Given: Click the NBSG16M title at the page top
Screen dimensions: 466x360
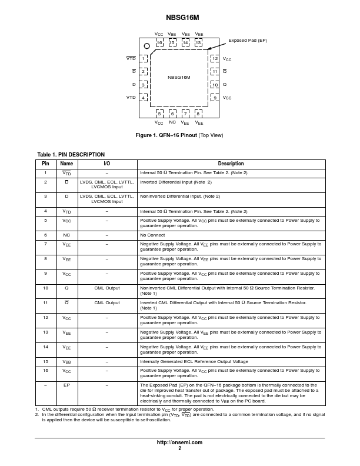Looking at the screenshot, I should pyautogui.click(x=179, y=18).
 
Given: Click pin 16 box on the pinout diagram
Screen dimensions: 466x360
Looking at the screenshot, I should pyautogui.click(x=159, y=43).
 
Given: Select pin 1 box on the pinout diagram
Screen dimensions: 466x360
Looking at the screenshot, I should pyautogui.click(x=144, y=59).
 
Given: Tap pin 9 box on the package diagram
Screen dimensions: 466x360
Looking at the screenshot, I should pyautogui.click(x=215, y=98).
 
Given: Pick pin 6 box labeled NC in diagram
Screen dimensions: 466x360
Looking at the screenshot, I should pyautogui.click(x=172, y=113).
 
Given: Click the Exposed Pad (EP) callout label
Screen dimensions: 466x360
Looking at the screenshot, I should pyautogui.click(x=247, y=40).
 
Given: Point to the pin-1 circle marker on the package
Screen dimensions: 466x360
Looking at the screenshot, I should pyautogui.click(x=147, y=46).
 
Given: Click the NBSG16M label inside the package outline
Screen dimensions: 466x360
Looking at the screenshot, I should pyautogui.click(x=179, y=77).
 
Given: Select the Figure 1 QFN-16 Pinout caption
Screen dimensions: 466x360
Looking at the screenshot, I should pyautogui.click(x=179, y=135).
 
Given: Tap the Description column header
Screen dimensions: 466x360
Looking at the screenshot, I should pyautogui.click(x=231, y=164).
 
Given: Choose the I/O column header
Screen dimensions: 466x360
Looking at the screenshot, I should pyautogui.click(x=106, y=164).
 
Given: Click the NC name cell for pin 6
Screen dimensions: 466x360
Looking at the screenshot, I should pyautogui.click(x=66, y=234).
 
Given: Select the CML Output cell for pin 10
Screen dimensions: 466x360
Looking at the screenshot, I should pyautogui.click(x=106, y=288).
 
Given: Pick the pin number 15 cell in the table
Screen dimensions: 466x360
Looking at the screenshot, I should pyautogui.click(x=45, y=361).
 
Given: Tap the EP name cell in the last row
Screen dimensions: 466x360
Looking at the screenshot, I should pyautogui.click(x=66, y=385).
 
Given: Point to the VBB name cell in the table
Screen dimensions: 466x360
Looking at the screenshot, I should pyautogui.click(x=66, y=361).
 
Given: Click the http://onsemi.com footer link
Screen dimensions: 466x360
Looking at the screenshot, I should pyautogui.click(x=179, y=442).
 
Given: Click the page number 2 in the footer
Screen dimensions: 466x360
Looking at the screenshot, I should pyautogui.click(x=179, y=448).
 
